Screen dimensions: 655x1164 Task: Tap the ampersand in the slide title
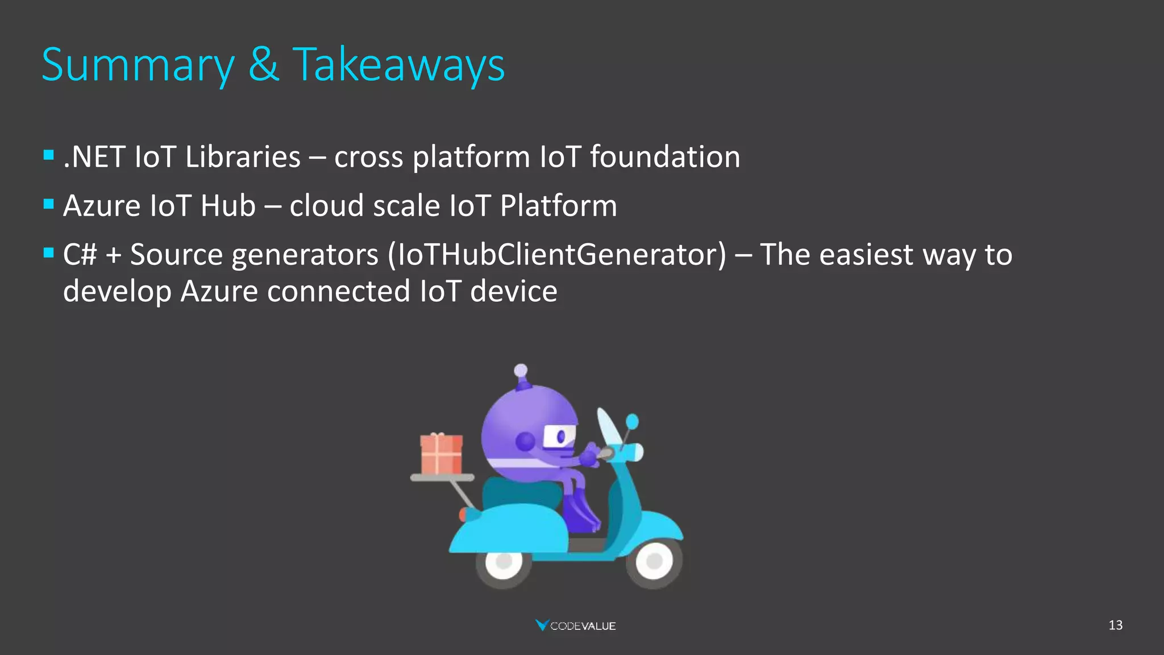(x=263, y=64)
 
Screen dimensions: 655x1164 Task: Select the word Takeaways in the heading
(x=398, y=65)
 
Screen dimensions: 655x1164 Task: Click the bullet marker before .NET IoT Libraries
(x=48, y=155)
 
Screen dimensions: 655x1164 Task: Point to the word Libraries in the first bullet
(x=243, y=157)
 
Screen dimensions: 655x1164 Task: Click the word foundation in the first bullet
(x=665, y=157)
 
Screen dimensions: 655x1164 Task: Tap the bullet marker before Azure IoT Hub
(x=48, y=204)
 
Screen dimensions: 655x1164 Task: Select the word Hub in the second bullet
(x=228, y=206)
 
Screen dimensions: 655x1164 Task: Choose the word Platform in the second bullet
(x=558, y=206)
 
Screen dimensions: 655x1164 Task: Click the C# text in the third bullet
(x=80, y=255)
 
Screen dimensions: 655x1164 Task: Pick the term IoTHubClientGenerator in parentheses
(x=556, y=255)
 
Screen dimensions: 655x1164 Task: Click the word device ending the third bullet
(x=513, y=292)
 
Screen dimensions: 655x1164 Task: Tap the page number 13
(x=1115, y=625)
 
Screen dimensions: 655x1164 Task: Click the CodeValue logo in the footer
(x=576, y=625)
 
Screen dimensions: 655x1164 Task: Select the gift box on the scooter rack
(x=441, y=454)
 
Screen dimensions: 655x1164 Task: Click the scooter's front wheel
(x=654, y=561)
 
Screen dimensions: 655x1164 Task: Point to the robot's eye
(x=560, y=437)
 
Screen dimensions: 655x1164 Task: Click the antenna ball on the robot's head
(x=521, y=371)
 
